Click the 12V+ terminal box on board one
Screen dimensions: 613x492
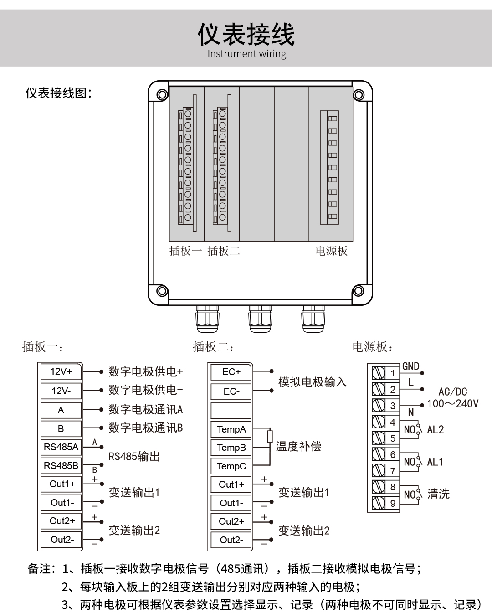pyautogui.click(x=61, y=371)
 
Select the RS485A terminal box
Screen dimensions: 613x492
pyautogui.click(x=61, y=447)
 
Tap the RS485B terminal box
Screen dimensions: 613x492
pyautogui.click(x=61, y=466)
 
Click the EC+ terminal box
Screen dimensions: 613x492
pyautogui.click(x=231, y=372)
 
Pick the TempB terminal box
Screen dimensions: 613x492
pyautogui.click(x=231, y=448)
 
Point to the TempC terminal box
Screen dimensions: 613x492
pyautogui.click(x=231, y=466)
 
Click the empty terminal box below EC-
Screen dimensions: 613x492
pyautogui.click(x=231, y=411)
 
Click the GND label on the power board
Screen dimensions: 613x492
pyautogui.click(x=410, y=366)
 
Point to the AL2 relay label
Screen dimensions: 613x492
pyautogui.click(x=435, y=429)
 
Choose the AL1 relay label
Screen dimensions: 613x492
pyautogui.click(x=435, y=462)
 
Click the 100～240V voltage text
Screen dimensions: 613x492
pyautogui.click(x=453, y=403)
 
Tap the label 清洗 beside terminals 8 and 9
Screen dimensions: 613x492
pyautogui.click(x=438, y=494)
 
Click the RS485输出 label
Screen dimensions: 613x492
pyautogui.click(x=134, y=457)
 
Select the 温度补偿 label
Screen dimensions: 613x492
pyautogui.click(x=298, y=447)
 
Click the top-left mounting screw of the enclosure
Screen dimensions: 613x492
pyautogui.click(x=162, y=94)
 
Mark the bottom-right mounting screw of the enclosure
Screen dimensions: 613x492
pyautogui.click(x=359, y=290)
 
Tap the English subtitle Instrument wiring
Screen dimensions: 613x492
pyautogui.click(x=247, y=54)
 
